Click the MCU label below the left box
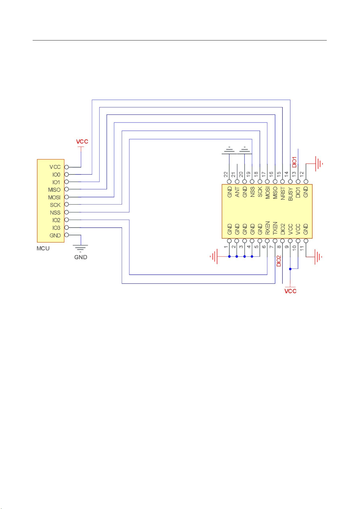pyautogui.click(x=43, y=248)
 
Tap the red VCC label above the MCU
pyautogui.click(x=82, y=142)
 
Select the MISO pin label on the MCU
pyautogui.click(x=54, y=190)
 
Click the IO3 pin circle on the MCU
pyautogui.click(x=66, y=227)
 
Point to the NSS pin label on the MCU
pyautogui.click(x=55, y=213)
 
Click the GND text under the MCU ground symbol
pyautogui.click(x=81, y=257)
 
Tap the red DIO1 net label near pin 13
pyautogui.click(x=294, y=162)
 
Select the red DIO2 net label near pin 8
pyautogui.click(x=279, y=261)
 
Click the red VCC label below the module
pyautogui.click(x=290, y=291)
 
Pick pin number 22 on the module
pyautogui.click(x=226, y=174)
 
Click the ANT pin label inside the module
pyautogui.click(x=237, y=192)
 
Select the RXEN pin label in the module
pyautogui.click(x=267, y=228)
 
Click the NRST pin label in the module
pyautogui.click(x=283, y=193)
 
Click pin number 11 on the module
pyautogui.click(x=302, y=248)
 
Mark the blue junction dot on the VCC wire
pyautogui.click(x=290, y=269)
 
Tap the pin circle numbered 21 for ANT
pyautogui.click(x=237, y=182)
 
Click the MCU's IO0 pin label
pyautogui.click(x=56, y=175)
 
